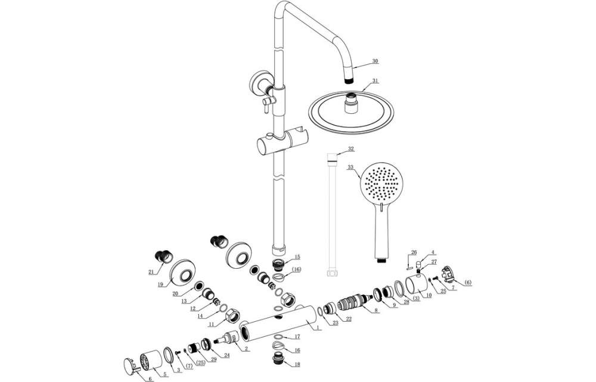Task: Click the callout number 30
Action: tap(375, 61)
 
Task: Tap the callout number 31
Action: tap(375, 81)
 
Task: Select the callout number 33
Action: tap(350, 168)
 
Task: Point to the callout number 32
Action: tap(351, 149)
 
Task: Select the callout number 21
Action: tap(151, 272)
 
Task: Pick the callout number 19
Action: tap(161, 284)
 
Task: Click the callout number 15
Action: tap(297, 257)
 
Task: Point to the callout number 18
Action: tap(297, 364)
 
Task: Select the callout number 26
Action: tap(414, 252)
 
